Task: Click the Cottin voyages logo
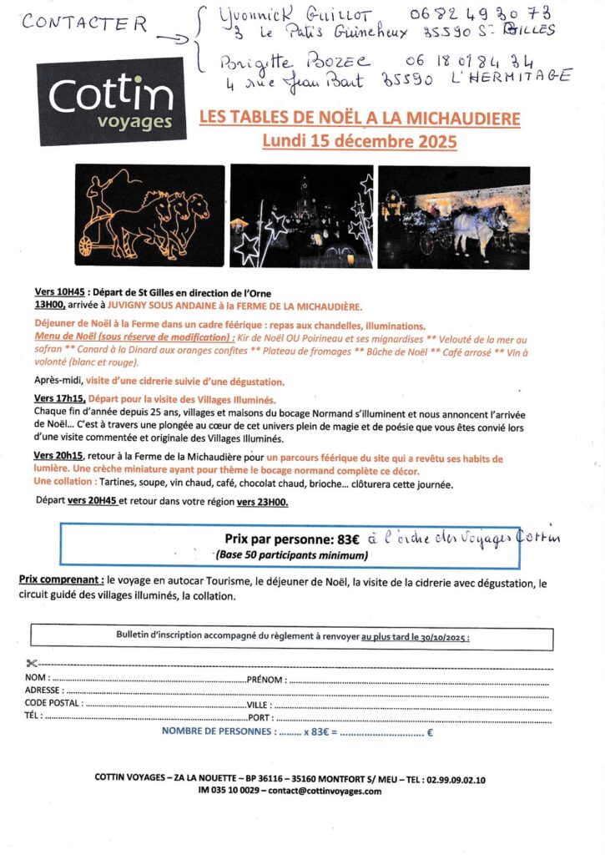110,100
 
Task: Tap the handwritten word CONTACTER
84,23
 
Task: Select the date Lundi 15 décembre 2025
360,141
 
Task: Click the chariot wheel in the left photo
87,245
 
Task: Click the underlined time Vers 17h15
59,398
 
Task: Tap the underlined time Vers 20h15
59,458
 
